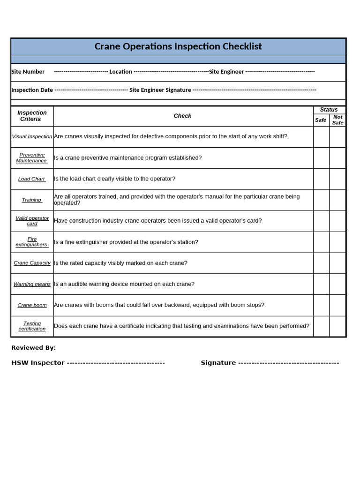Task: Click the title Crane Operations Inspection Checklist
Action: point(178,47)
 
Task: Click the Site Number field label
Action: point(28,72)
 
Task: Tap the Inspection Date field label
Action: point(32,90)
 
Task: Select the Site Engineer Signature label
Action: point(160,90)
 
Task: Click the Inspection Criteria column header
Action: point(32,116)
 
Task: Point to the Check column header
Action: point(182,116)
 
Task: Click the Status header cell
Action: point(329,110)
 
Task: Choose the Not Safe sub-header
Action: point(337,120)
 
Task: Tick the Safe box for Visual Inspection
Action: point(321,137)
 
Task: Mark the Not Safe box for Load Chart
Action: point(337,179)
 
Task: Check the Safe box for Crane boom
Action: point(321,305)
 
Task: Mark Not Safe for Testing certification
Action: point(337,326)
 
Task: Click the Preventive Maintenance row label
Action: point(32,158)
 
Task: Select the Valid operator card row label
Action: point(32,221)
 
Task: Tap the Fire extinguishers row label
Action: point(32,242)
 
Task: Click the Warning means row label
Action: point(32,284)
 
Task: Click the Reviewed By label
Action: point(33,348)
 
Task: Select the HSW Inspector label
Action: point(38,363)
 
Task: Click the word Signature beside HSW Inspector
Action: point(218,363)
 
